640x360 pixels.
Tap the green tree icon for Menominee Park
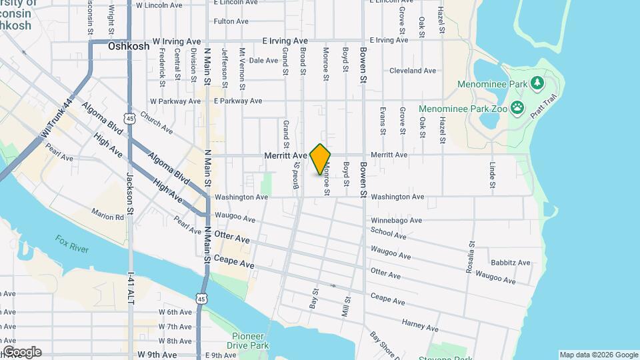click(538, 84)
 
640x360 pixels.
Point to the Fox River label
click(72, 244)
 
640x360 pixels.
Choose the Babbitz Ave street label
click(510, 263)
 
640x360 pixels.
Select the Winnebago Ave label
click(397, 220)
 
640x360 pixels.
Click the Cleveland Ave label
click(413, 70)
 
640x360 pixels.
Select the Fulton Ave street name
click(231, 21)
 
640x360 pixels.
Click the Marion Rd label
click(108, 216)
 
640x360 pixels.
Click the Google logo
click(21, 352)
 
